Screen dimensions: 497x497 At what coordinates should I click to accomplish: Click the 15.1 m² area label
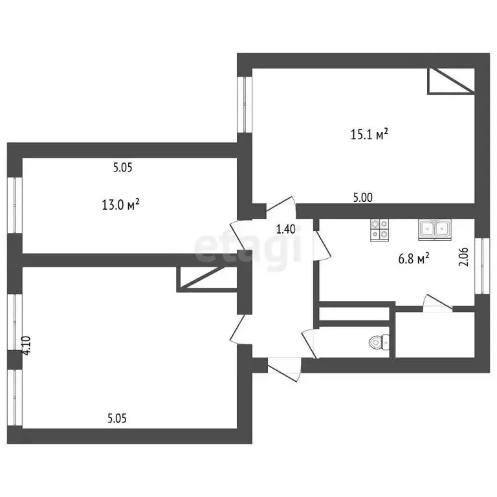click(x=369, y=135)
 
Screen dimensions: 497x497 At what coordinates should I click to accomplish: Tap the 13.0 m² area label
click(x=120, y=206)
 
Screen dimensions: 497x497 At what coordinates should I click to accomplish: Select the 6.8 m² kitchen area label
click(x=414, y=260)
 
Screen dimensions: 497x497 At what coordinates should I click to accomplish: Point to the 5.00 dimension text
click(x=362, y=199)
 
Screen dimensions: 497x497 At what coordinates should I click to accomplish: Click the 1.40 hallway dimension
click(x=286, y=228)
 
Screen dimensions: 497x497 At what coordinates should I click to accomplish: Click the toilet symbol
click(x=380, y=342)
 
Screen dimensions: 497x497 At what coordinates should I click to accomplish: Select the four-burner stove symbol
click(x=380, y=230)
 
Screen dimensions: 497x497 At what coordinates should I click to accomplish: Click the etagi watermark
click(x=249, y=248)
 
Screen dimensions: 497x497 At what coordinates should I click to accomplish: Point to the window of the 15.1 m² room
click(x=245, y=104)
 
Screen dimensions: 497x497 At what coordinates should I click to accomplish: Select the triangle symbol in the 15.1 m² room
click(x=450, y=80)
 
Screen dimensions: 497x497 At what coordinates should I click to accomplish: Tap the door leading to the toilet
click(x=309, y=343)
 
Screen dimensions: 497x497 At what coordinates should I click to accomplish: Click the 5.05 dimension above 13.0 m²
click(x=122, y=168)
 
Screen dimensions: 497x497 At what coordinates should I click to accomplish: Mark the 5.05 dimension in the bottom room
click(x=117, y=418)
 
